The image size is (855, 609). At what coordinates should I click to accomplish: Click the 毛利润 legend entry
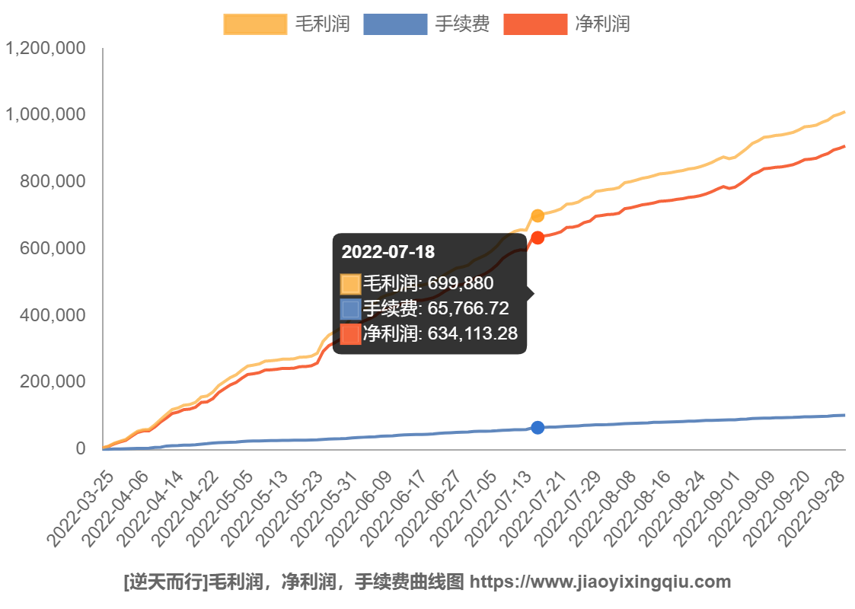click(286, 24)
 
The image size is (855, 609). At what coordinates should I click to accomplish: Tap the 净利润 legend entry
click(566, 24)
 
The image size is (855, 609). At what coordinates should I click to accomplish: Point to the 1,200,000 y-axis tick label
click(45, 49)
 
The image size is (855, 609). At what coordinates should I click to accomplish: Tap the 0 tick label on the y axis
click(80, 448)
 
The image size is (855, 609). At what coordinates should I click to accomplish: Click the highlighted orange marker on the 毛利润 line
click(538, 215)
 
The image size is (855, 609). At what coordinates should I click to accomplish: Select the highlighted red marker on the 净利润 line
click(538, 238)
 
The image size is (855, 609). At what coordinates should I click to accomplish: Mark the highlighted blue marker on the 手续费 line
click(538, 428)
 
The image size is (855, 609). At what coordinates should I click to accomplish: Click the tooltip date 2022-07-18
click(388, 253)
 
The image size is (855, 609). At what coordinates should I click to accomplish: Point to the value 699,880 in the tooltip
click(461, 284)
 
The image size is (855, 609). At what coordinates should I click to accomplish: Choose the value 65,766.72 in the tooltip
click(468, 309)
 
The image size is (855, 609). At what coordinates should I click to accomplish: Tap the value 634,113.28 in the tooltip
click(472, 333)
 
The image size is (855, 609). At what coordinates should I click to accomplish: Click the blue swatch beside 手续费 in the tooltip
click(350, 309)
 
